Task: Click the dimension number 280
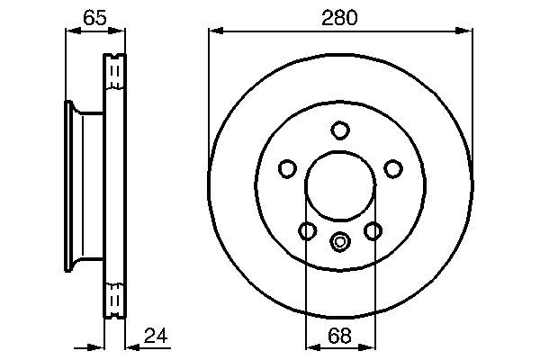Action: [x=339, y=17]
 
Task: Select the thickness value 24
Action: [x=157, y=338]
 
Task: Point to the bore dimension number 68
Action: [x=339, y=338]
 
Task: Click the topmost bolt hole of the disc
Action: [x=339, y=130]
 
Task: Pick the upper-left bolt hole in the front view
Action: [x=287, y=168]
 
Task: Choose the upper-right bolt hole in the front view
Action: [x=392, y=168]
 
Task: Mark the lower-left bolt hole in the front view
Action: [x=307, y=231]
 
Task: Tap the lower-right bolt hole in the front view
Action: [x=373, y=231]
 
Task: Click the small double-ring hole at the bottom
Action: [x=339, y=240]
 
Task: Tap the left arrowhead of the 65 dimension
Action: [x=73, y=31]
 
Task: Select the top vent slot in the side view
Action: [x=113, y=72]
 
